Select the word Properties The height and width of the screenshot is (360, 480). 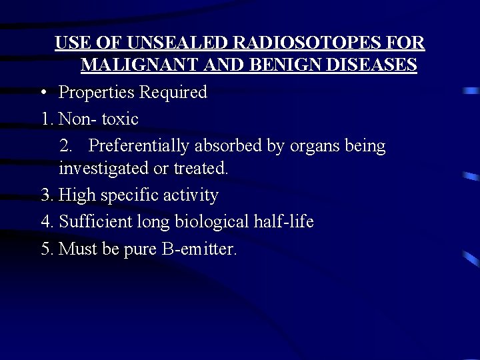(97, 93)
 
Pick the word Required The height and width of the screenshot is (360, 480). (174, 93)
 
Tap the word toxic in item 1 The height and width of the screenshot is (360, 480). (120, 119)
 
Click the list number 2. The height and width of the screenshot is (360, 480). (65, 145)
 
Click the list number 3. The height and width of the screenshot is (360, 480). (47, 195)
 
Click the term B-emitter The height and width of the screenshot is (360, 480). (199, 249)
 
